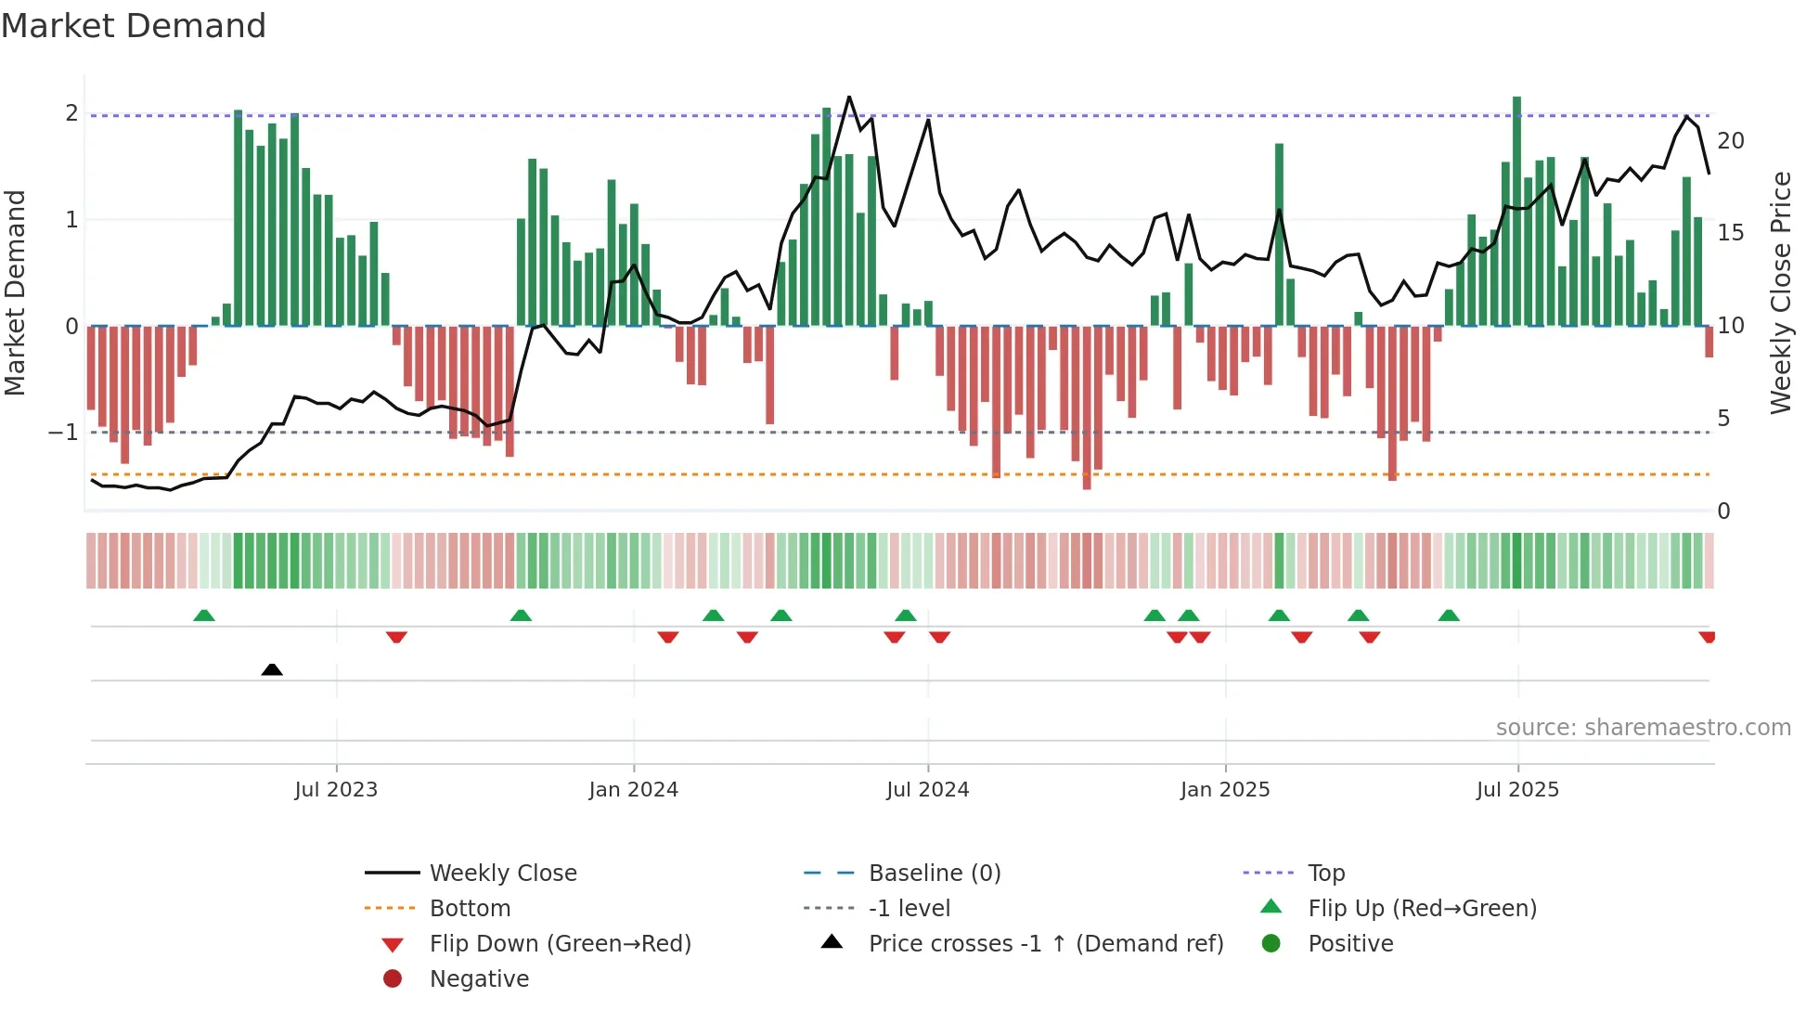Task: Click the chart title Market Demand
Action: pyautogui.click(x=134, y=26)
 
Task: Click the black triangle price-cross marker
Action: pyautogui.click(x=272, y=669)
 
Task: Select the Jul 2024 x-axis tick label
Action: pyautogui.click(x=927, y=790)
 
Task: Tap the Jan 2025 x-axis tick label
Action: pyautogui.click(x=1225, y=790)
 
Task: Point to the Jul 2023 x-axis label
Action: pyautogui.click(x=336, y=790)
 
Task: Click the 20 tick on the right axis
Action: pyautogui.click(x=1730, y=141)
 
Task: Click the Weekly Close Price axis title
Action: pyautogui.click(x=1780, y=292)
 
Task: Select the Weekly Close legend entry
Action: pyautogui.click(x=503, y=874)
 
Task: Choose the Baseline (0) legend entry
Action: pyautogui.click(x=934, y=874)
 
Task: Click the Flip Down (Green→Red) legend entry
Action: pyautogui.click(x=560, y=944)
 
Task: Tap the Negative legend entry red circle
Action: pyautogui.click(x=393, y=979)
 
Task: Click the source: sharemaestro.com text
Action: pyautogui.click(x=1643, y=728)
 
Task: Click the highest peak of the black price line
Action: pyautogui.click(x=849, y=97)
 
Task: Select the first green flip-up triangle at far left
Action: pyautogui.click(x=204, y=615)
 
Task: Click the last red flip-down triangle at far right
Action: pyautogui.click(x=1707, y=638)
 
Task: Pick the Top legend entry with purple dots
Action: pyautogui.click(x=1325, y=874)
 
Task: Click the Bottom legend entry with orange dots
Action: pyautogui.click(x=470, y=909)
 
